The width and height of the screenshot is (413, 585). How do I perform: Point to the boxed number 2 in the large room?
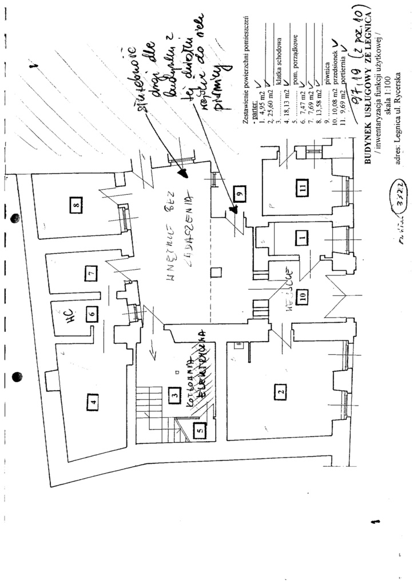(x=280, y=392)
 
